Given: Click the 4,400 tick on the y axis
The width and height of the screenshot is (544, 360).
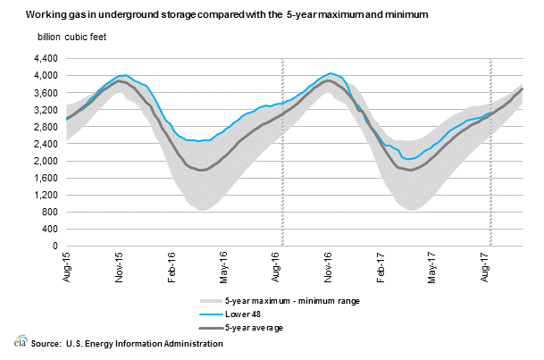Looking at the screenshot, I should tap(46, 59).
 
